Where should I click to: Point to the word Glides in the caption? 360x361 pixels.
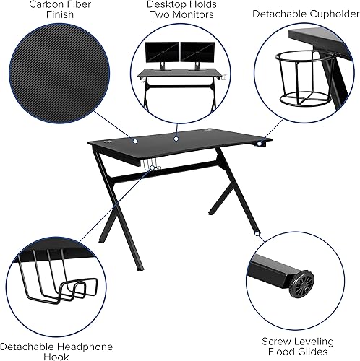click(321, 355)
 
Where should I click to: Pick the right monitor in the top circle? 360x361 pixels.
click(194, 53)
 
